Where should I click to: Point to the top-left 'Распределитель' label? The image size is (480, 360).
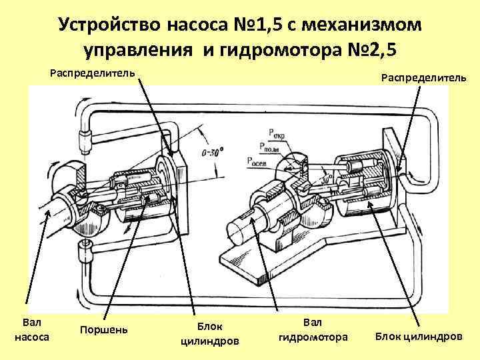(x=93, y=72)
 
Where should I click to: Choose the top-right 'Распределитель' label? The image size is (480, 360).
(x=423, y=78)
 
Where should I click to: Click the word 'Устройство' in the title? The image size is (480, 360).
(x=107, y=25)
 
